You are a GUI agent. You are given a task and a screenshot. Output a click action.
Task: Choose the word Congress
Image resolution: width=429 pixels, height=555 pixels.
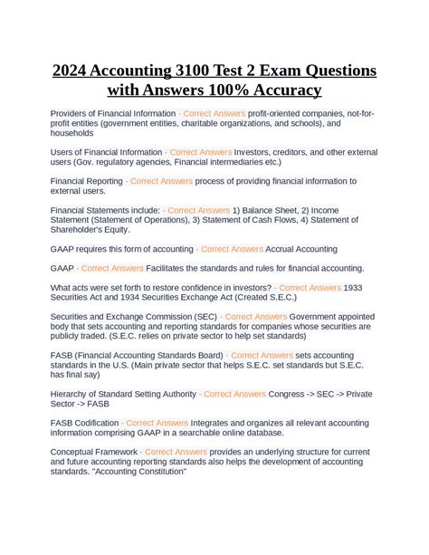pyautogui.click(x=291, y=394)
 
